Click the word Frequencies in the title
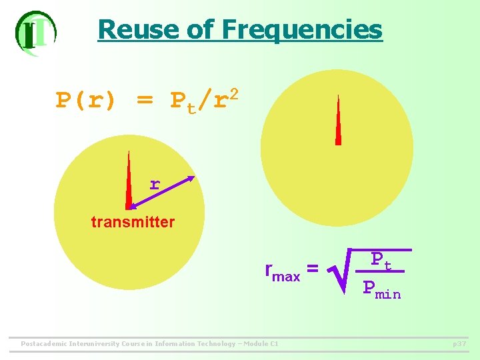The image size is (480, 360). click(302, 30)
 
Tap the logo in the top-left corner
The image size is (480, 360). click(35, 33)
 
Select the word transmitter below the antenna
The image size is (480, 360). click(133, 222)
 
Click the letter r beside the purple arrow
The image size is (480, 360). click(155, 184)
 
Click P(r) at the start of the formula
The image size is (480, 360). click(85, 101)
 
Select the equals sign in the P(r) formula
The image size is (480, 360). click(144, 101)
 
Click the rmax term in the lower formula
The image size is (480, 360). click(282, 271)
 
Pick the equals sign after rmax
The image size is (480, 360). click(312, 269)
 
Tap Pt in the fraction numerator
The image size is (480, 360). click(380, 259)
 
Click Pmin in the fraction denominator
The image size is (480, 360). click(382, 289)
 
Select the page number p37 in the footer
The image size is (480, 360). click(459, 343)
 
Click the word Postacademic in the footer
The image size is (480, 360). click(44, 344)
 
